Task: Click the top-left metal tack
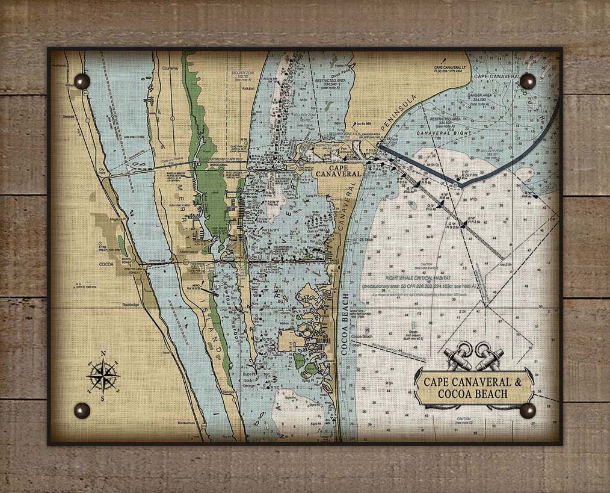(x=82, y=81)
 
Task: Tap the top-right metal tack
(x=528, y=81)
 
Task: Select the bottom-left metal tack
(x=82, y=411)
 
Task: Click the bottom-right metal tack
(x=528, y=411)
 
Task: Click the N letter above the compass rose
(x=103, y=354)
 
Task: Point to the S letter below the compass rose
(x=102, y=398)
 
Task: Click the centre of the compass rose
(x=102, y=376)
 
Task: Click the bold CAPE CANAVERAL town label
(x=339, y=170)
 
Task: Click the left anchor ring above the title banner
(x=464, y=349)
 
